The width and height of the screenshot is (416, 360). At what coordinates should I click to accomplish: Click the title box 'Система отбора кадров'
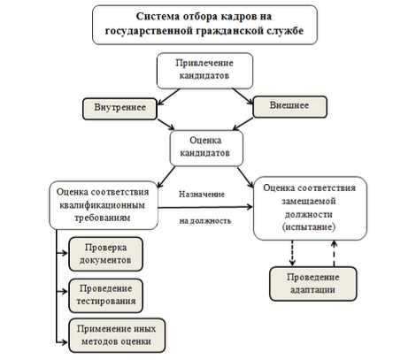click(x=204, y=25)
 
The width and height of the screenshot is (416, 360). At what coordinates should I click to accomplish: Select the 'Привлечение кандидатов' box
click(x=204, y=71)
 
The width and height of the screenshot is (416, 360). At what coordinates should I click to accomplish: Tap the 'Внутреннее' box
click(x=119, y=109)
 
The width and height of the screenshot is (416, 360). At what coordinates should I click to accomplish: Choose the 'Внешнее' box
click(x=289, y=107)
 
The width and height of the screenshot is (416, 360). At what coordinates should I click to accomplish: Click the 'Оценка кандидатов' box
click(x=206, y=148)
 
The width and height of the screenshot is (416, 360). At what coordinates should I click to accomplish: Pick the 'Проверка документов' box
click(x=105, y=254)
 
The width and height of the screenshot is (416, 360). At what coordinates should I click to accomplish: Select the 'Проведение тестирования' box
click(x=105, y=295)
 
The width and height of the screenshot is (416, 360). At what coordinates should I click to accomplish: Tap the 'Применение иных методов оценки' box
click(x=117, y=335)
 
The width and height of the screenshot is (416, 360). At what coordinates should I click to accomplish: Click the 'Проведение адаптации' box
click(x=313, y=284)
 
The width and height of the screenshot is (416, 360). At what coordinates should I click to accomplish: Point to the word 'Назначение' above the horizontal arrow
click(x=202, y=195)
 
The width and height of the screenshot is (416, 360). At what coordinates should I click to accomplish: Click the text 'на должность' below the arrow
click(x=205, y=221)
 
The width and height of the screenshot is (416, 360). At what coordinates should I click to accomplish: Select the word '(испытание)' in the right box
click(x=309, y=227)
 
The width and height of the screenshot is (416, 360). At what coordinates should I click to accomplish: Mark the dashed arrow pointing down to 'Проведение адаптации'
click(x=292, y=253)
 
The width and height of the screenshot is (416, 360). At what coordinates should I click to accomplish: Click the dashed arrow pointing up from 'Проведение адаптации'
click(x=334, y=254)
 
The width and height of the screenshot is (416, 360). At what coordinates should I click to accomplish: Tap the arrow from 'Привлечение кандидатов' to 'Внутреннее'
click(x=169, y=96)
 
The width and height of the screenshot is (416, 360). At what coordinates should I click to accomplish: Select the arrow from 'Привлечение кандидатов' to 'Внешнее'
click(x=243, y=96)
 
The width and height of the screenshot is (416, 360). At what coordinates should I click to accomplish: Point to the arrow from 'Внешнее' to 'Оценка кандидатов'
click(x=243, y=124)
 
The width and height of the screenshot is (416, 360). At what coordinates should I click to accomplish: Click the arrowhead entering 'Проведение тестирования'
click(x=65, y=291)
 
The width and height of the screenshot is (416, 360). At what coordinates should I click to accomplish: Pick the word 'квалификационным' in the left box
click(x=103, y=205)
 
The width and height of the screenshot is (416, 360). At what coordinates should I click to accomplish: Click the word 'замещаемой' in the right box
click(x=309, y=201)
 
